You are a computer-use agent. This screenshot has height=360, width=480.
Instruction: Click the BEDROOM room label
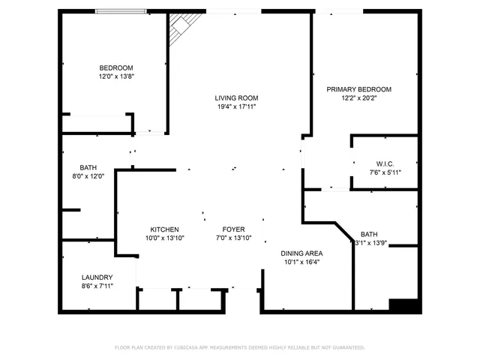pyautogui.click(x=115, y=67)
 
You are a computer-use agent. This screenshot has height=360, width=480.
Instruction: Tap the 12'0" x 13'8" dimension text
pyautogui.click(x=115, y=76)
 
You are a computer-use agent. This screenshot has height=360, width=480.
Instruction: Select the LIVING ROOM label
pyautogui.click(x=236, y=97)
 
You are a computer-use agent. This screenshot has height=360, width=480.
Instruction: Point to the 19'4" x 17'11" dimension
pyautogui.click(x=236, y=106)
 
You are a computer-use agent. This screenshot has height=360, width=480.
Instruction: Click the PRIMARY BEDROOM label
pyautogui.click(x=358, y=89)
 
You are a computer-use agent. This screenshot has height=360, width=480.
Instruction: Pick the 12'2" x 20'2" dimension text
pyautogui.click(x=358, y=98)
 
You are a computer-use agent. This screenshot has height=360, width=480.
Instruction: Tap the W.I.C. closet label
pyautogui.click(x=385, y=163)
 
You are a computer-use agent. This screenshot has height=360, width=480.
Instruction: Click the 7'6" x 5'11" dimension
pyautogui.click(x=385, y=172)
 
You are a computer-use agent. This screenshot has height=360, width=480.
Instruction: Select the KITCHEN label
pyautogui.click(x=163, y=229)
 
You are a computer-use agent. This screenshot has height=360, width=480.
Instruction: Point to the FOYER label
pyautogui.click(x=233, y=229)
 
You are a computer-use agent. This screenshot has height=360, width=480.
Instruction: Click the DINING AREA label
pyautogui.click(x=301, y=253)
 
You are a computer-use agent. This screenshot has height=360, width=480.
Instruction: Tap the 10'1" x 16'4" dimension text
pyautogui.click(x=301, y=262)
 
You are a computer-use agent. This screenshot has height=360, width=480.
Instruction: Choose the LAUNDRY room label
pyautogui.click(x=97, y=277)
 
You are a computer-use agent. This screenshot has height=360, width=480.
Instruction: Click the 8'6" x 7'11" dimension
pyautogui.click(x=97, y=286)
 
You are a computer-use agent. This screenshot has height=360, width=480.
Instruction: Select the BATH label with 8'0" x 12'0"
pyautogui.click(x=88, y=167)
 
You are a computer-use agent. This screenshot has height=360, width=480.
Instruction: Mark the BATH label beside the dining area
pyautogui.click(x=369, y=234)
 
